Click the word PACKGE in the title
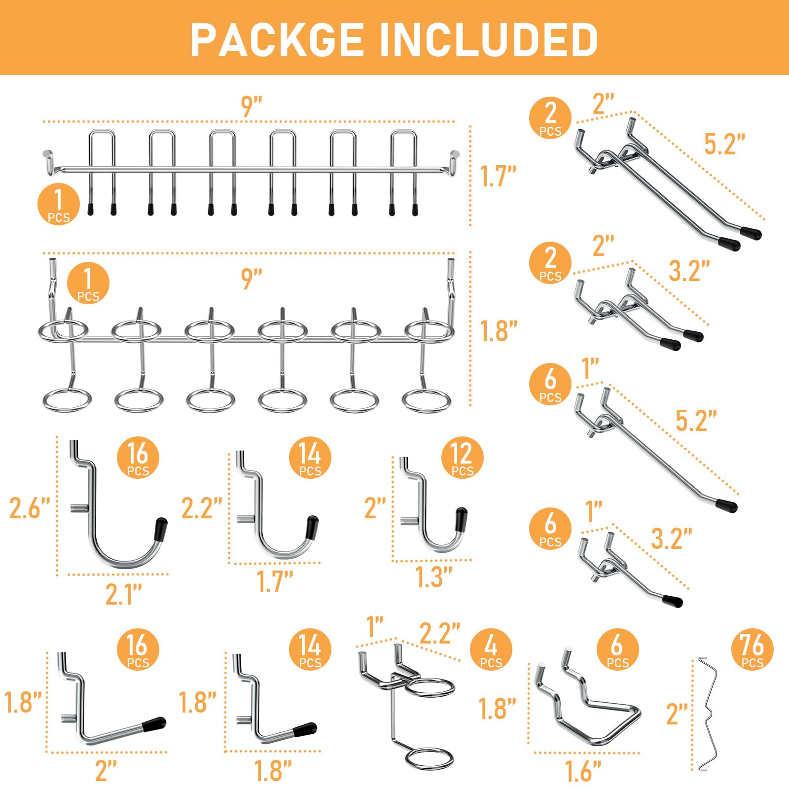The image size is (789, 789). (277, 39)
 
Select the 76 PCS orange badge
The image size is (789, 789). (752, 649)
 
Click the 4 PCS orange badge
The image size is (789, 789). (491, 649)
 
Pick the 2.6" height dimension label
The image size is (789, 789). (30, 508)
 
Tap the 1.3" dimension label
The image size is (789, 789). (434, 577)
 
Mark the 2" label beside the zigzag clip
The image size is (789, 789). (677, 714)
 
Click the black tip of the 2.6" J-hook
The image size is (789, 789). (161, 529)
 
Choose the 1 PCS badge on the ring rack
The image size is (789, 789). (88, 283)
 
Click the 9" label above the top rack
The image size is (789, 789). (251, 107)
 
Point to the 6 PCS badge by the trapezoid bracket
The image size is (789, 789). (617, 649)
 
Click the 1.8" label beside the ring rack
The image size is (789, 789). (499, 331)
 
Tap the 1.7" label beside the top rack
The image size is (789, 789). (499, 176)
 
